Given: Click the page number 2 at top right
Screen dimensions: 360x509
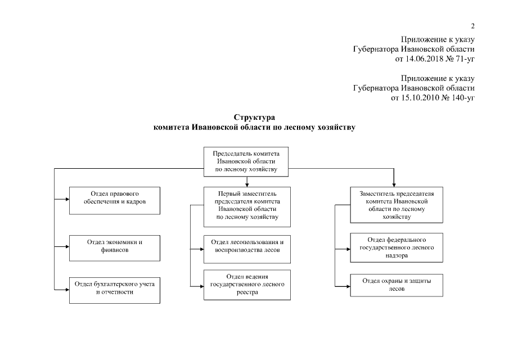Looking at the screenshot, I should click(472, 26).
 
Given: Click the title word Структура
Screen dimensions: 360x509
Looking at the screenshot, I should click(254, 118).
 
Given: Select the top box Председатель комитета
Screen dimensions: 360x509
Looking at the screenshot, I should click(246, 160).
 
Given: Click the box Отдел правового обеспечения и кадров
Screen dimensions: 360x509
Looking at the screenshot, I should click(114, 201).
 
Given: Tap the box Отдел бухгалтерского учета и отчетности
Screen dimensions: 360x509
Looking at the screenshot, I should click(114, 289).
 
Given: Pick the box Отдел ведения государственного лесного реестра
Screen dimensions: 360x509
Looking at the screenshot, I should click(247, 285).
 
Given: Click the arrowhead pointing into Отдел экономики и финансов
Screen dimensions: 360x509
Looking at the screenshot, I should click(66, 246).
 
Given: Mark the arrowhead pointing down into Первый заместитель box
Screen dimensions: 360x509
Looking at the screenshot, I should click(247, 184).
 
